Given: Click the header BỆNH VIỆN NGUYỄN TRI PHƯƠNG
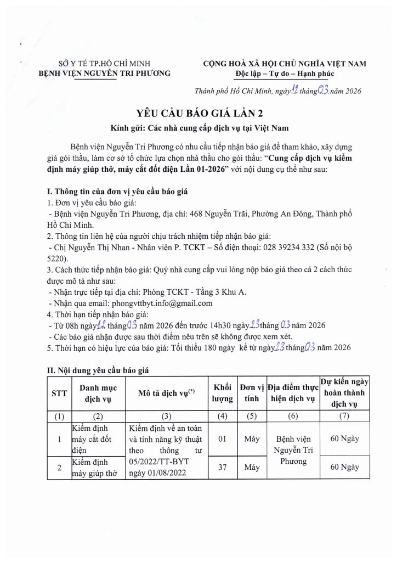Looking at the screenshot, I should pyautogui.click(x=108, y=73).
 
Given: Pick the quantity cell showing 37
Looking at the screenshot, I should pyautogui.click(x=223, y=467).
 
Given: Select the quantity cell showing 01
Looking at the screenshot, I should pyautogui.click(x=223, y=439).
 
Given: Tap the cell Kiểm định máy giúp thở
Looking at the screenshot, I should pyautogui.click(x=94, y=467).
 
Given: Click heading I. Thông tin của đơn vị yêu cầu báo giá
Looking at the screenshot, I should pyautogui.click(x=118, y=192).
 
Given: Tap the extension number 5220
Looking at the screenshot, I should pyautogui.click(x=57, y=258).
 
